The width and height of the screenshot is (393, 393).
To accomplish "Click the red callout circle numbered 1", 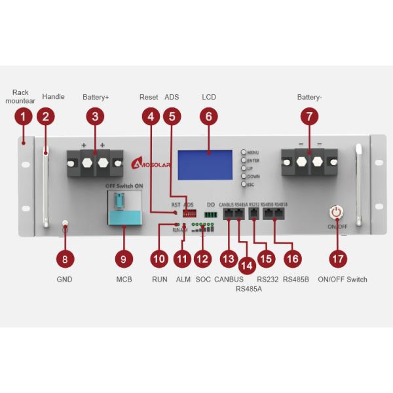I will [x=23, y=117].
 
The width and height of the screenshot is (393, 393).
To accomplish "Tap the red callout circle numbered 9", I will [x=124, y=259].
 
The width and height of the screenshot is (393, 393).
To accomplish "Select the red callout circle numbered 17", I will [x=338, y=259].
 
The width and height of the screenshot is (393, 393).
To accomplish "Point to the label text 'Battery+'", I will [x=96, y=97].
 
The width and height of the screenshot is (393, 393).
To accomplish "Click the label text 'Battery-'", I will [x=310, y=97].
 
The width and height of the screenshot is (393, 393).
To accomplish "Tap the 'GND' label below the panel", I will [x=64, y=279].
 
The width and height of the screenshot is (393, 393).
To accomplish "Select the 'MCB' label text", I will [x=124, y=279].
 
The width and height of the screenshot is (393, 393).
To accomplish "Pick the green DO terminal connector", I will [x=211, y=214].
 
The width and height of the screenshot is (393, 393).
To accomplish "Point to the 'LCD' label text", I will [x=209, y=97].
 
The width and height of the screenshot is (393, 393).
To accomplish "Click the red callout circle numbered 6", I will [x=209, y=117].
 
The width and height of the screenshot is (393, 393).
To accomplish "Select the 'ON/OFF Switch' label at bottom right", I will [x=343, y=279].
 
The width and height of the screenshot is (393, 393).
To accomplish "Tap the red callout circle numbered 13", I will [x=228, y=259].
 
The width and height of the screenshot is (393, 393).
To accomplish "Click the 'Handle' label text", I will [x=53, y=97].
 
